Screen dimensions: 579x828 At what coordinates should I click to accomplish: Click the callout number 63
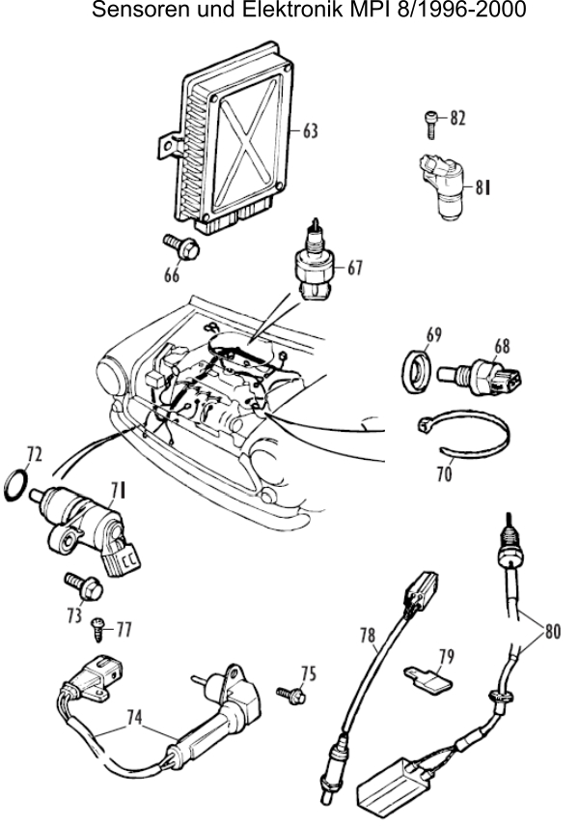pos(311,130)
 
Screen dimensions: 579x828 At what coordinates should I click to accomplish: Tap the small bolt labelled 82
pos(430,125)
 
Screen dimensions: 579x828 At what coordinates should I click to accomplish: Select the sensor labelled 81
pos(443,186)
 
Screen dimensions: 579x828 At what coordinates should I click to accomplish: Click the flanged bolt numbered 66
pos(180,247)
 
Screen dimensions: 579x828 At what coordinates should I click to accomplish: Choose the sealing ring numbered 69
pos(417,371)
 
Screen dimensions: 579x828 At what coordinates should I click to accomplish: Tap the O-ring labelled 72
pos(16,485)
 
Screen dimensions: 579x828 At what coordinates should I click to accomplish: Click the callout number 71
pos(119,491)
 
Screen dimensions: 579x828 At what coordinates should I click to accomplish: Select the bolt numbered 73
pos(84,586)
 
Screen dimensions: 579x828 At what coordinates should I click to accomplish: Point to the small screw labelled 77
pos(98,629)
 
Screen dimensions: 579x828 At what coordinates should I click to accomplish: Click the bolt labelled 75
pos(291,695)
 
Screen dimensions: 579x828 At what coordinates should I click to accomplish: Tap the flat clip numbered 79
pos(428,679)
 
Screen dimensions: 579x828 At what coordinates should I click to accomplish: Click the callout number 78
pos(368,636)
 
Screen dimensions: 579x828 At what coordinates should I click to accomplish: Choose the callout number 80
pos(552,631)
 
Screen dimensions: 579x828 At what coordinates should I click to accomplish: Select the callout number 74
pos(134,717)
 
